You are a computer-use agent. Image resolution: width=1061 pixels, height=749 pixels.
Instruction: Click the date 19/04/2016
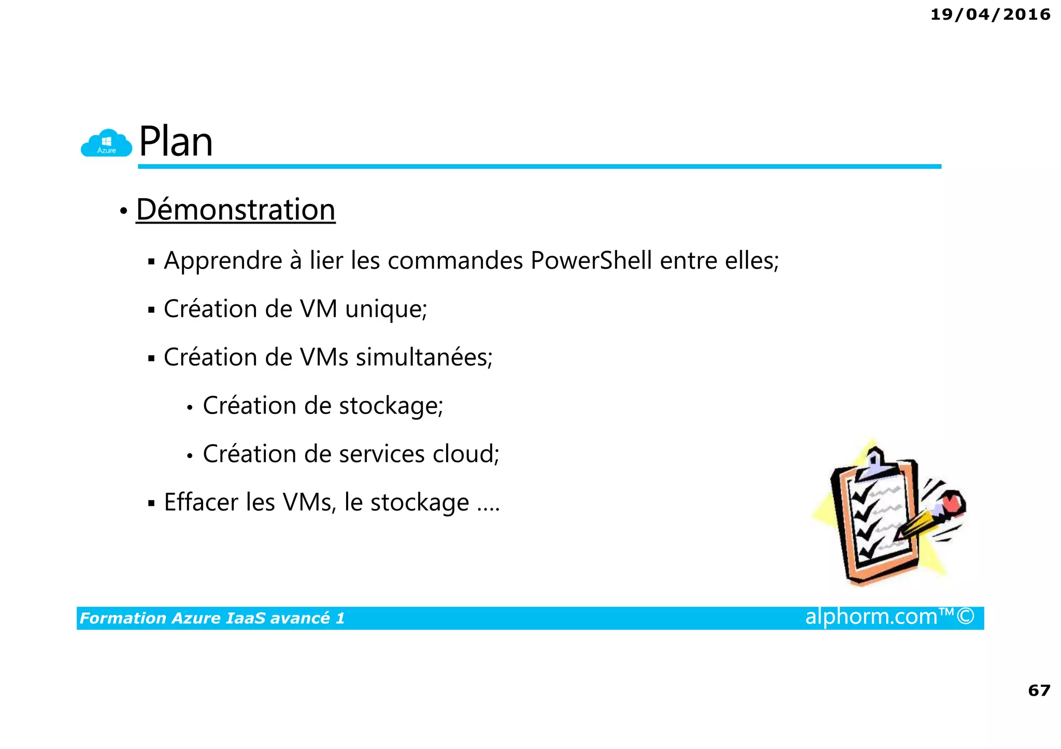click(x=990, y=14)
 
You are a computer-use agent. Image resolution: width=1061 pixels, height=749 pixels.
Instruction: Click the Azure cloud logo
click(x=106, y=143)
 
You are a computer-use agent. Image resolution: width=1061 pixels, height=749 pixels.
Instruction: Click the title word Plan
click(x=176, y=142)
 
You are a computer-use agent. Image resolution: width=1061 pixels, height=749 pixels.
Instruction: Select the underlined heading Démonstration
click(x=236, y=210)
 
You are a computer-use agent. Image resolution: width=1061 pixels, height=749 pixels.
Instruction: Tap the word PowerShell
click(x=591, y=260)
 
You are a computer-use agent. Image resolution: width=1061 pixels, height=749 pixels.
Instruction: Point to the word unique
click(x=386, y=310)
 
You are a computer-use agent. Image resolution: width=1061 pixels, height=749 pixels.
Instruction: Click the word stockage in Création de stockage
click(x=391, y=406)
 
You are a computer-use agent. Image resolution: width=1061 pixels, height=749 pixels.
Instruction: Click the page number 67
click(x=1039, y=691)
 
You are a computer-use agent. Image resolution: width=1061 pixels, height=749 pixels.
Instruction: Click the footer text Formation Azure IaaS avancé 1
click(x=212, y=618)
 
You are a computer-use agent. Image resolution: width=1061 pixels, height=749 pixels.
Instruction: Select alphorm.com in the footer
click(x=871, y=617)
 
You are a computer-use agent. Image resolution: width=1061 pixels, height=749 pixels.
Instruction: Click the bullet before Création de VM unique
click(x=151, y=311)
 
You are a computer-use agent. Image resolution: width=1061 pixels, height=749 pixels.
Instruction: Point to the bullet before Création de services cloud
click(x=190, y=456)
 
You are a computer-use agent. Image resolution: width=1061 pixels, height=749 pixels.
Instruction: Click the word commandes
click(x=455, y=260)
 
